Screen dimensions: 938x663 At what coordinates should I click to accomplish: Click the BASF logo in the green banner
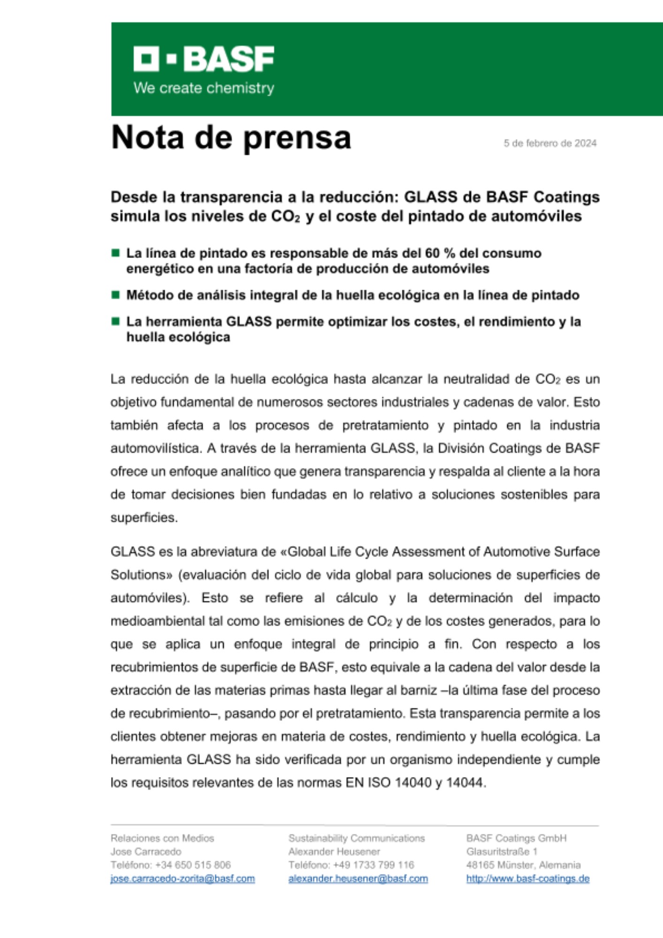[203, 59]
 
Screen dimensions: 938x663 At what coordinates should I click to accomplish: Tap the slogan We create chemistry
[203, 88]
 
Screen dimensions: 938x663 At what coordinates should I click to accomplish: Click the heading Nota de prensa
[231, 137]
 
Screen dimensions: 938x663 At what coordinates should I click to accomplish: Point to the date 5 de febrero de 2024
[550, 143]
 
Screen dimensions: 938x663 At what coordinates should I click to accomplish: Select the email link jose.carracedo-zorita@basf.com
[182, 878]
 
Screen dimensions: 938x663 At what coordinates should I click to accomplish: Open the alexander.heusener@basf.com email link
[358, 878]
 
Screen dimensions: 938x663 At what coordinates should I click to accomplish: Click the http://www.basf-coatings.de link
[527, 878]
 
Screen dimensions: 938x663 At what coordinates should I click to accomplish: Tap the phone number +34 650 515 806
[193, 865]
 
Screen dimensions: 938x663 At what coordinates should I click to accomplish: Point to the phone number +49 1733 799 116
[373, 865]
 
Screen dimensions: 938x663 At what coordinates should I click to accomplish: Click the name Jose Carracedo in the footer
[146, 851]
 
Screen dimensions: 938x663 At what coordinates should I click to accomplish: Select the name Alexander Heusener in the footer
[334, 851]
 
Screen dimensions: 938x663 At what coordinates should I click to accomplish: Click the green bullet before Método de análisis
[115, 295]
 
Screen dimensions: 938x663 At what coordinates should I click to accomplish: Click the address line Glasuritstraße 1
[502, 851]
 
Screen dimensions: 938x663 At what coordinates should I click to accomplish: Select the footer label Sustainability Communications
[356, 838]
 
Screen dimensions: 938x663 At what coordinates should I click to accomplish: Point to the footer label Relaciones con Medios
[162, 838]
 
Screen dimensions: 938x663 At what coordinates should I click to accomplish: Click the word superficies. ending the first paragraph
[144, 517]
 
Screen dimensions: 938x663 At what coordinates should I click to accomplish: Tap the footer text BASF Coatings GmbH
[516, 838]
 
